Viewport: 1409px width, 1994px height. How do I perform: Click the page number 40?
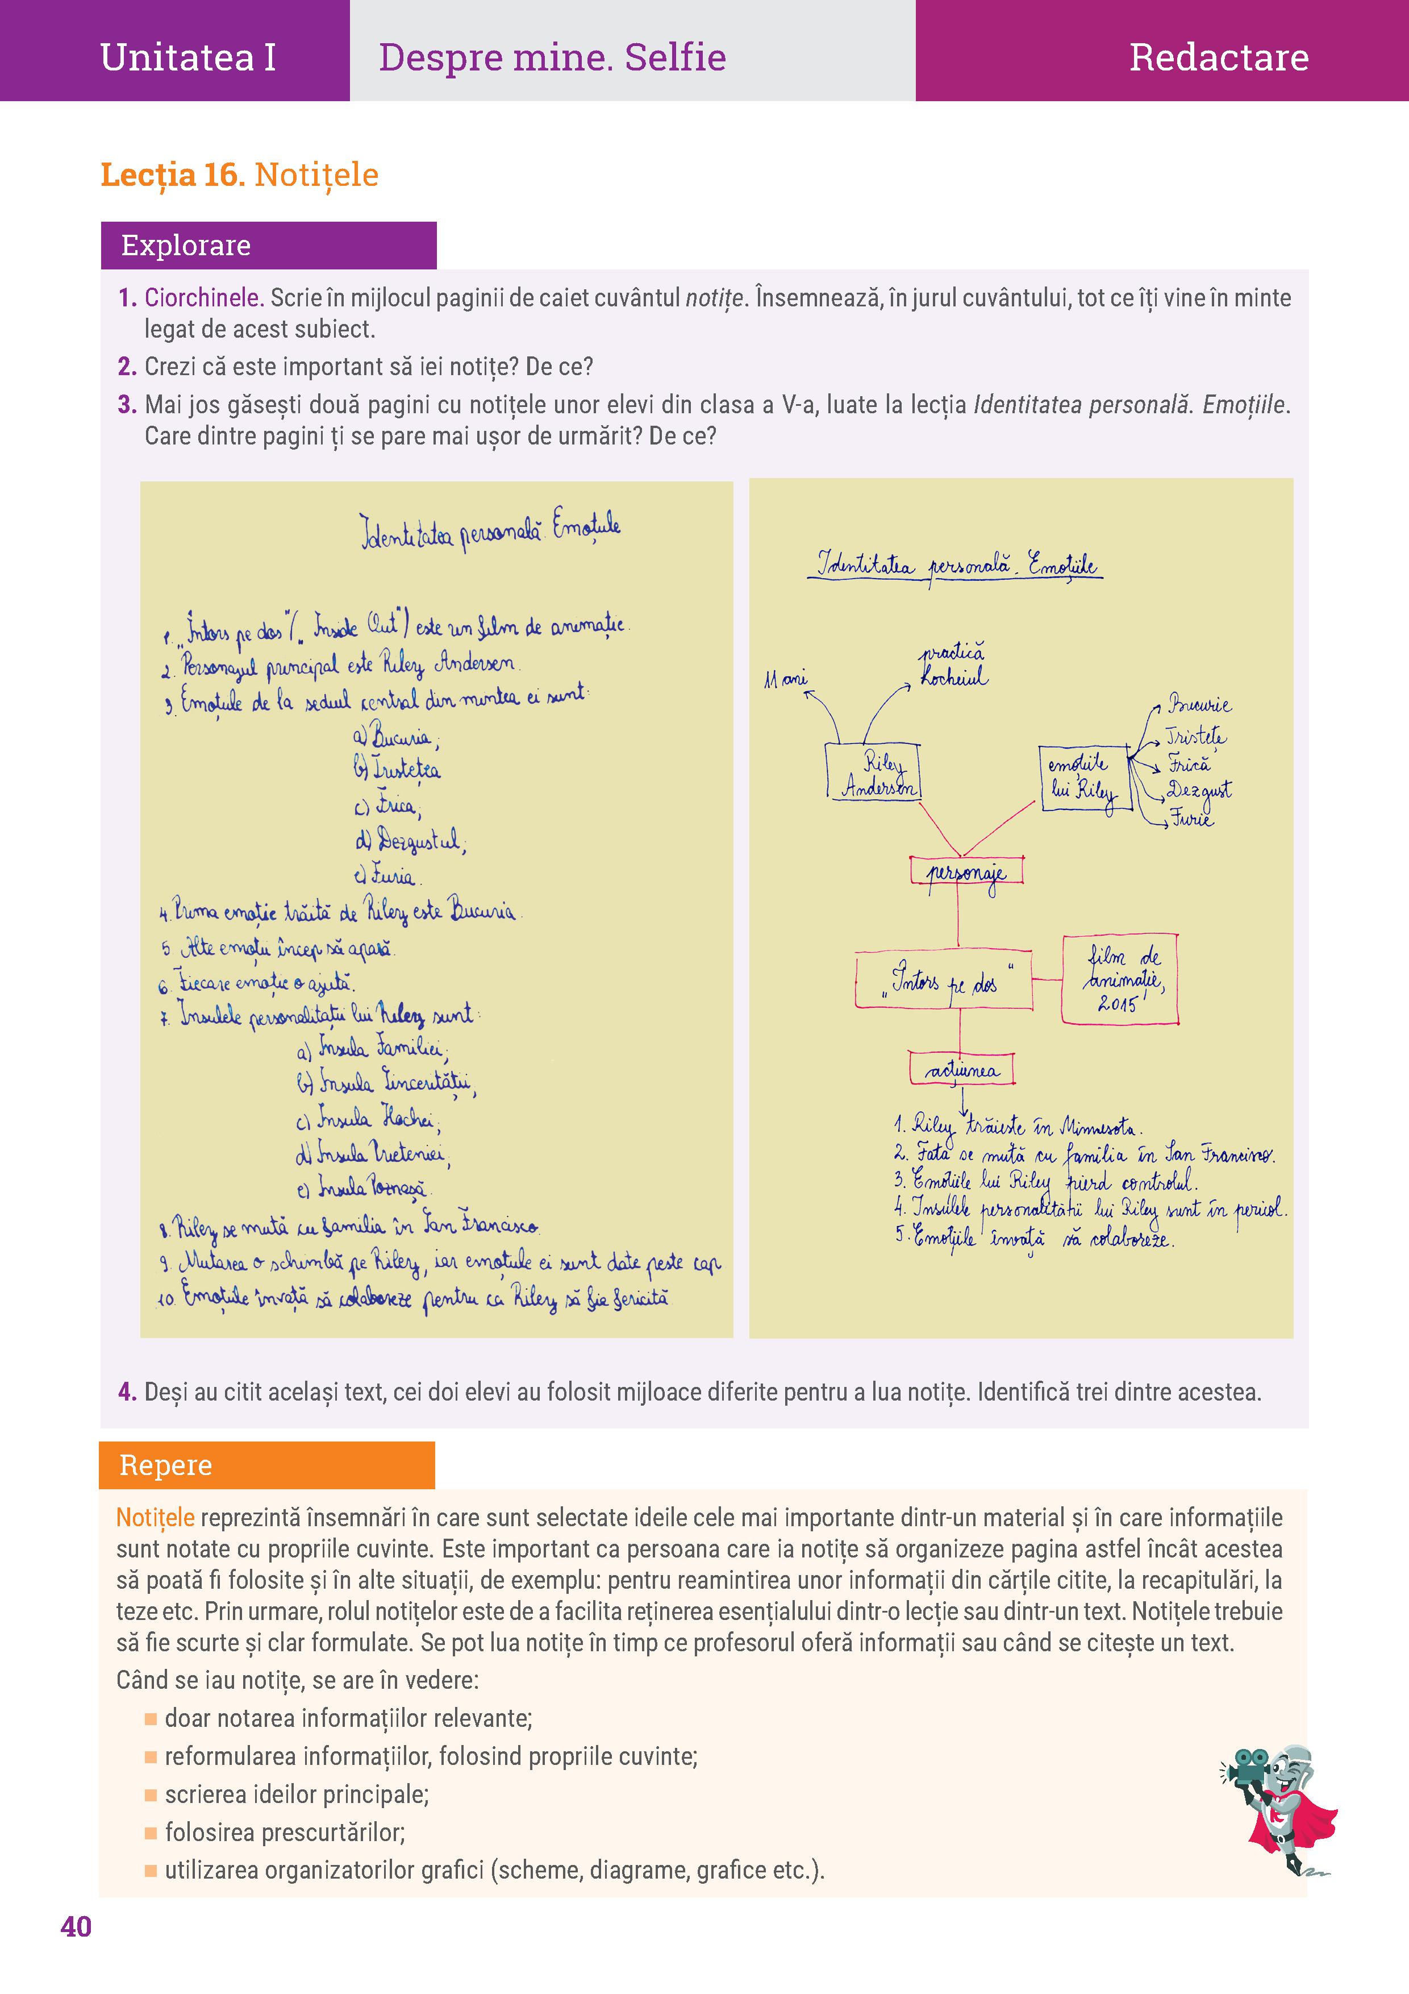[76, 1926]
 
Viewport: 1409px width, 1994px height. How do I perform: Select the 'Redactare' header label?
[1218, 57]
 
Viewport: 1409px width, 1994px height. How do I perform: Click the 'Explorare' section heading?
[186, 246]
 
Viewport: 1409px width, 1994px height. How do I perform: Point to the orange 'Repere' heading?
[166, 1465]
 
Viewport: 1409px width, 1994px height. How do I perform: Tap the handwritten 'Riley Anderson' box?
[872, 772]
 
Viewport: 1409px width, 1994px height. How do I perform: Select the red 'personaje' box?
[965, 870]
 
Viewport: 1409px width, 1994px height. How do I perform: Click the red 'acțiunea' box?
[961, 1069]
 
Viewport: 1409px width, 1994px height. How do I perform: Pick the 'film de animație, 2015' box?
[1120, 979]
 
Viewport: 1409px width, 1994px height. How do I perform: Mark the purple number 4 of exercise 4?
[127, 1392]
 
